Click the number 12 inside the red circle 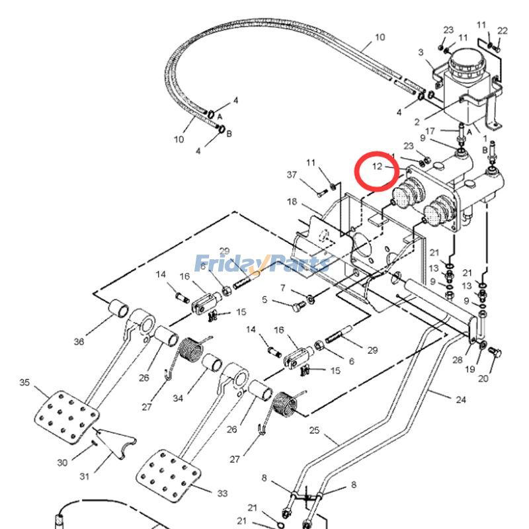(377, 166)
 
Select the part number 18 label (292, 202)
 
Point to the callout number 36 (79, 342)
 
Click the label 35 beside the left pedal (25, 383)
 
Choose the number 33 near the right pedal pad (222, 493)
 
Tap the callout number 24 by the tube (460, 399)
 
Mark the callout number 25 (315, 431)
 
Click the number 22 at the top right (503, 30)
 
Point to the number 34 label (178, 398)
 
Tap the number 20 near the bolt (483, 379)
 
